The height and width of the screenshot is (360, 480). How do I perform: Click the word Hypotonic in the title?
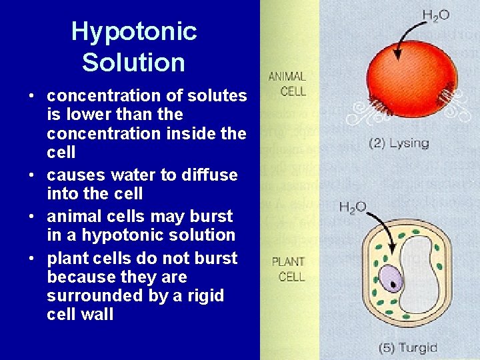(134, 31)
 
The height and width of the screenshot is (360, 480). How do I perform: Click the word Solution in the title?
(133, 63)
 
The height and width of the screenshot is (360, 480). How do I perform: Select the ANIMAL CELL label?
(287, 83)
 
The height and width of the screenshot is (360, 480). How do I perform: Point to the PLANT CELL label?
(289, 269)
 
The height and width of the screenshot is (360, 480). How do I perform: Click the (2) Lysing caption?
(399, 143)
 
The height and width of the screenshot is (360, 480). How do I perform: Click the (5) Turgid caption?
(408, 347)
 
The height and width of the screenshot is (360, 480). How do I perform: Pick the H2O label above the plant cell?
(353, 207)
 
